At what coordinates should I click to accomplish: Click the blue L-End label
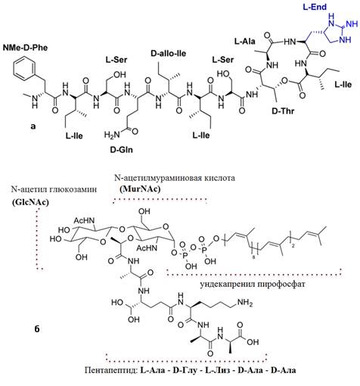(x=315, y=8)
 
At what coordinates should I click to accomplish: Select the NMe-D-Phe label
(x=25, y=47)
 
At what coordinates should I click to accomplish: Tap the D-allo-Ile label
(x=169, y=54)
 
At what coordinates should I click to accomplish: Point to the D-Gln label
(x=122, y=150)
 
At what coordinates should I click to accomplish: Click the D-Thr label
(x=283, y=111)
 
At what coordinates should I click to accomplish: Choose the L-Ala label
(x=245, y=41)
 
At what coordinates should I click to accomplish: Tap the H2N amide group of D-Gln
(x=112, y=135)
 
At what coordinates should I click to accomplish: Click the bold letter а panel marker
(x=33, y=126)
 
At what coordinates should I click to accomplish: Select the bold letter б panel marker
(x=37, y=329)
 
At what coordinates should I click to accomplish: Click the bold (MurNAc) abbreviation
(x=140, y=189)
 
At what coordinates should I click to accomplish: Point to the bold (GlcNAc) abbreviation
(x=30, y=203)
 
